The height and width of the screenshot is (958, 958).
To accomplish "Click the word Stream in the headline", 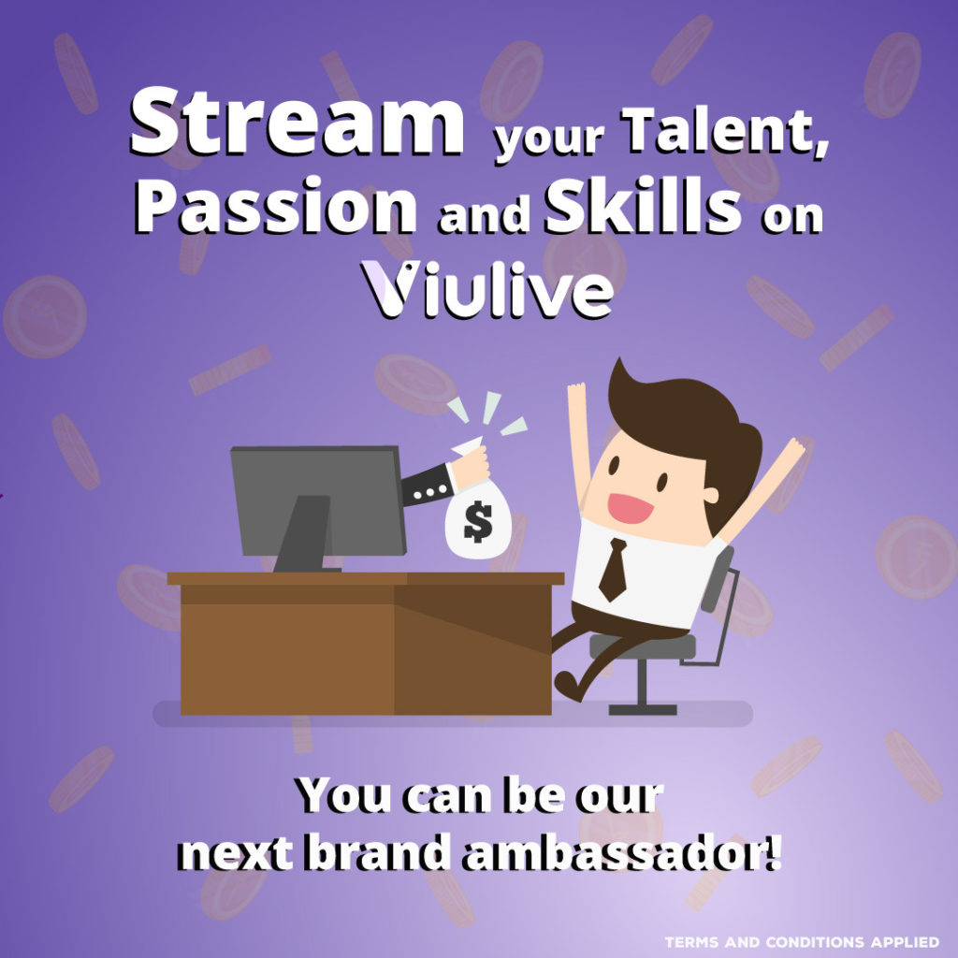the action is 297,121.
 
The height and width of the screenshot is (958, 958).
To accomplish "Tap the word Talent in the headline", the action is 725,131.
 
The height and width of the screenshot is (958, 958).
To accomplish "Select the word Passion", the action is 276,207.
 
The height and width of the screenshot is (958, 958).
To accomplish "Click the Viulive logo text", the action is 486,289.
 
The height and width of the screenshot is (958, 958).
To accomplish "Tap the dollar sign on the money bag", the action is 477,521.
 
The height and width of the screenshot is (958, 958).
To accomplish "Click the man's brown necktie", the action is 614,569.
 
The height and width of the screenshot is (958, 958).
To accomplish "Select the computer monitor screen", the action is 318,501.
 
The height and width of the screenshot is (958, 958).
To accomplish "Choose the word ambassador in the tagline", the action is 621,851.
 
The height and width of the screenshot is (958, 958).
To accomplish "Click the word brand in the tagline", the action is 377,850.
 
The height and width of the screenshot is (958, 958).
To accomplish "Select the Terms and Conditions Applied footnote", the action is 802,941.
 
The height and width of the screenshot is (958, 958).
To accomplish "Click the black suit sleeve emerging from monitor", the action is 428,485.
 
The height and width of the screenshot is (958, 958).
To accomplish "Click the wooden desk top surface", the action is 366,578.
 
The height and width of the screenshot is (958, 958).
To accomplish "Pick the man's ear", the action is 710,494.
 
